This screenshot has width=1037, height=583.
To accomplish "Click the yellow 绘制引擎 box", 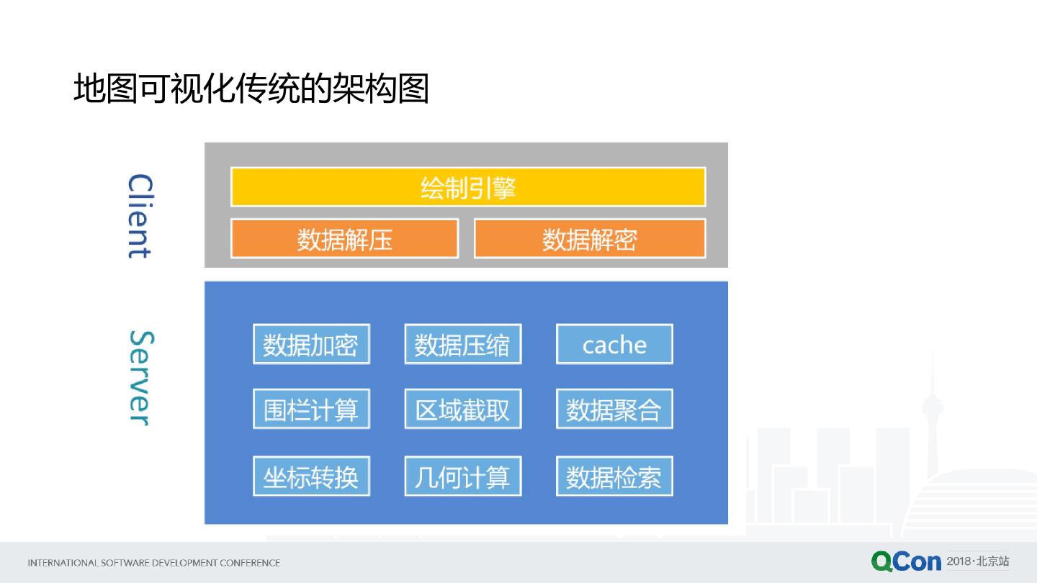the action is pos(468,187).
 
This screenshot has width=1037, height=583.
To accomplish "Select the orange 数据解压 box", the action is pos(344,239).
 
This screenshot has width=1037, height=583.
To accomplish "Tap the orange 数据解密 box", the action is pos(590,239).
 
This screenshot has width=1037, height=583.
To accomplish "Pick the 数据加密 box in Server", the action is pos(311,344).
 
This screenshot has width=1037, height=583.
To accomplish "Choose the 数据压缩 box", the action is pos(462,344).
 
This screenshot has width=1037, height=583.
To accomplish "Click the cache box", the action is pos(614,344).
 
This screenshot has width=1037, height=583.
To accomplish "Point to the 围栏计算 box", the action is pos(311,410).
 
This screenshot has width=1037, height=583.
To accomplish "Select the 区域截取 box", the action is pos(462,410).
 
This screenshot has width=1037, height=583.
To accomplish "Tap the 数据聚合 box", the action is pos(614,410).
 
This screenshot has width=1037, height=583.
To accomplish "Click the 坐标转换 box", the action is pos(311,476).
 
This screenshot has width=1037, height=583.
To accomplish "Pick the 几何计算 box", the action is pos(462,476).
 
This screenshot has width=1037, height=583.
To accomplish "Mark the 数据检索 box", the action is pos(614,476).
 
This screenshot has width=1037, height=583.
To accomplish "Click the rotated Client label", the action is pos(140,216).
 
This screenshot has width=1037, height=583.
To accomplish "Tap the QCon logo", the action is pos(906,561).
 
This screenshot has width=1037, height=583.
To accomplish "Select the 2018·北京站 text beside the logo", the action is pos(978,561).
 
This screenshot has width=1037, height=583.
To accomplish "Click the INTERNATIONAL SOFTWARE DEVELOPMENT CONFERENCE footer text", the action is pos(153,563).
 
